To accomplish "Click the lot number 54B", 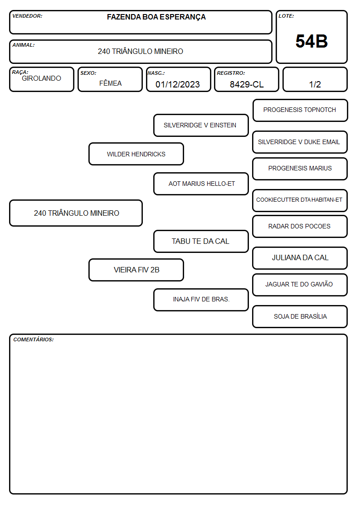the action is pyautogui.click(x=311, y=41).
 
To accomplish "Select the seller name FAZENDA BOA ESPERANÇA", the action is pyautogui.click(x=156, y=17).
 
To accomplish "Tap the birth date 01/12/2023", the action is pyautogui.click(x=178, y=84).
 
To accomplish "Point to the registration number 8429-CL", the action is pyautogui.click(x=247, y=84).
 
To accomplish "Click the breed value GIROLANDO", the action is pyautogui.click(x=41, y=78).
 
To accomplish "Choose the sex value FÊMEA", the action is pyautogui.click(x=110, y=83).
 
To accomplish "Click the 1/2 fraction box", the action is pyautogui.click(x=315, y=79).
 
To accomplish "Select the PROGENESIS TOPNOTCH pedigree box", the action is pyautogui.click(x=300, y=111).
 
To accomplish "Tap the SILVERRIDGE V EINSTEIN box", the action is pyautogui.click(x=201, y=125).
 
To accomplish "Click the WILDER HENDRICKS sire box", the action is pyautogui.click(x=136, y=154).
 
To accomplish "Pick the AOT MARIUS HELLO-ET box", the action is pyautogui.click(x=201, y=184).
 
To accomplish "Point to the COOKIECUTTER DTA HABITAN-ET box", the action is pyautogui.click(x=300, y=201).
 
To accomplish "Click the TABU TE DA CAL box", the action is pyautogui.click(x=201, y=241).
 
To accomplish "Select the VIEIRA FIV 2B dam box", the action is pyautogui.click(x=136, y=270).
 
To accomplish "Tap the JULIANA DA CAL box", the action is pyautogui.click(x=300, y=258).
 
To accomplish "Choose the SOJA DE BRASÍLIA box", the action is pyautogui.click(x=300, y=316).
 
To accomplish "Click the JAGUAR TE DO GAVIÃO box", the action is pyautogui.click(x=300, y=285).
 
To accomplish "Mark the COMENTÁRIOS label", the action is pyautogui.click(x=34, y=339).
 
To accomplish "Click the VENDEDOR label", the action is pyautogui.click(x=27, y=16).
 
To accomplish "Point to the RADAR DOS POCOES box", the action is pyautogui.click(x=300, y=226).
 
